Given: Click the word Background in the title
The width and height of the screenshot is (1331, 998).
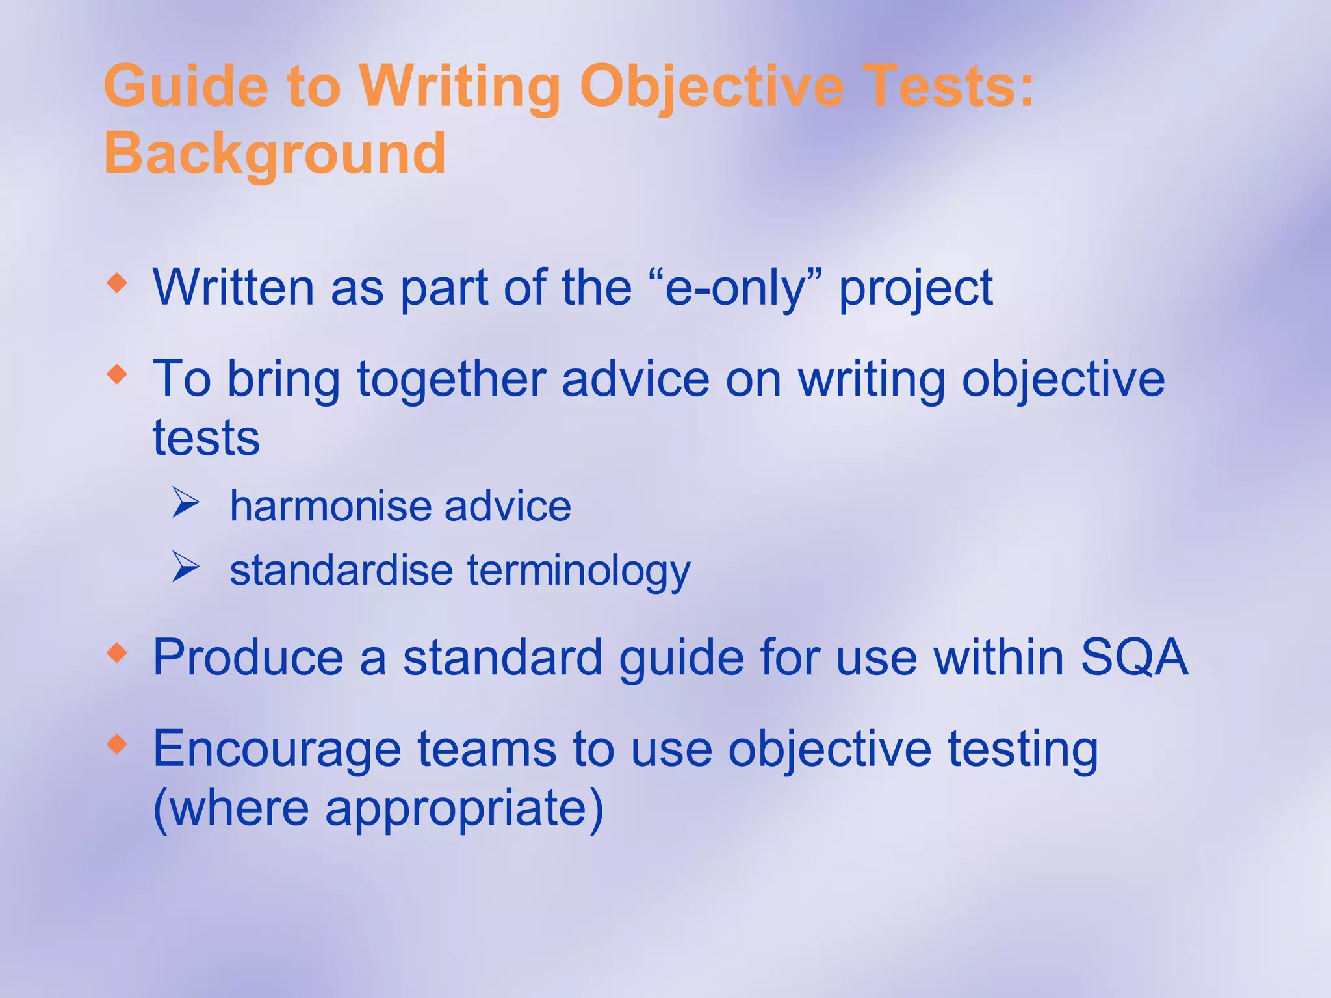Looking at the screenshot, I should pos(274,153).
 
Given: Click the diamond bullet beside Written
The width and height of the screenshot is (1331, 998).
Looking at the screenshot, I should pos(117,283).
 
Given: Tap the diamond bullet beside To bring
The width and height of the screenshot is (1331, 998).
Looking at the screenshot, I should pos(117,374).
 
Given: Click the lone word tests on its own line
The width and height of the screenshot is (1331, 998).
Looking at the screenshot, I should pos(206,438).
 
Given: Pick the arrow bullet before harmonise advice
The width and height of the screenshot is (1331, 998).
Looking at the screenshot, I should pos(185,504).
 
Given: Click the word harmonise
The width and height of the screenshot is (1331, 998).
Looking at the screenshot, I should pos(329,506).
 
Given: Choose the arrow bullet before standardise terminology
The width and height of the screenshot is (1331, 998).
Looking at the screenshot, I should pos(185,567).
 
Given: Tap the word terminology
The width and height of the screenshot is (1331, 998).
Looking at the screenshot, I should pos(578,571).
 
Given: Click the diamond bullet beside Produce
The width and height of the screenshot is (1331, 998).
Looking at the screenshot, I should pos(117,653).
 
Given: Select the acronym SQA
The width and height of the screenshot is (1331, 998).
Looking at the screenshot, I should pos(1133,658).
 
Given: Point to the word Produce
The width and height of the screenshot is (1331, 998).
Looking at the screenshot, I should pos(248,658).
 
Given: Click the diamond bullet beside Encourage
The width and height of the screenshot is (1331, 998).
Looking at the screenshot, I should pos(117,744).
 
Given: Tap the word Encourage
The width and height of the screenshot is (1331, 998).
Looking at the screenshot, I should pos(277,749).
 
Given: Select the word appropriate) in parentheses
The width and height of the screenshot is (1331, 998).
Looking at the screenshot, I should pos(464,809).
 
